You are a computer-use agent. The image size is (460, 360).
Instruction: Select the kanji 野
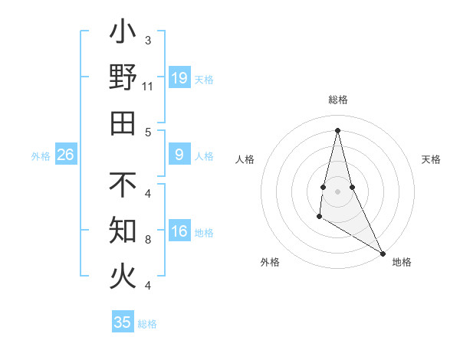123,77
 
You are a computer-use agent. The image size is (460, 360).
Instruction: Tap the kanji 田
123,123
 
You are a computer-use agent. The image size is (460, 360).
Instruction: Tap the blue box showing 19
179,78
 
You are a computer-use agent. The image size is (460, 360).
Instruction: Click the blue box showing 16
179,232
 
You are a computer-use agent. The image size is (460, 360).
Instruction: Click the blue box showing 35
123,322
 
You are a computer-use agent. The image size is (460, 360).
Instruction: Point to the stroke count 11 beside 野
148,87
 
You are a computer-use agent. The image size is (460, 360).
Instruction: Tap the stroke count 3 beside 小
148,40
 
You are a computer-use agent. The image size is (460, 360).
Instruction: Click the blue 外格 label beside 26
41,156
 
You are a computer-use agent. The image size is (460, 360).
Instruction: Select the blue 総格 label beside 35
147,323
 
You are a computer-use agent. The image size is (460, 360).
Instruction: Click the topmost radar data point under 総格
337,129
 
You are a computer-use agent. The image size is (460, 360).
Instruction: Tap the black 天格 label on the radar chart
431,159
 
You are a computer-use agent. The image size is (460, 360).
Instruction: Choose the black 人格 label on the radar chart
245,159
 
